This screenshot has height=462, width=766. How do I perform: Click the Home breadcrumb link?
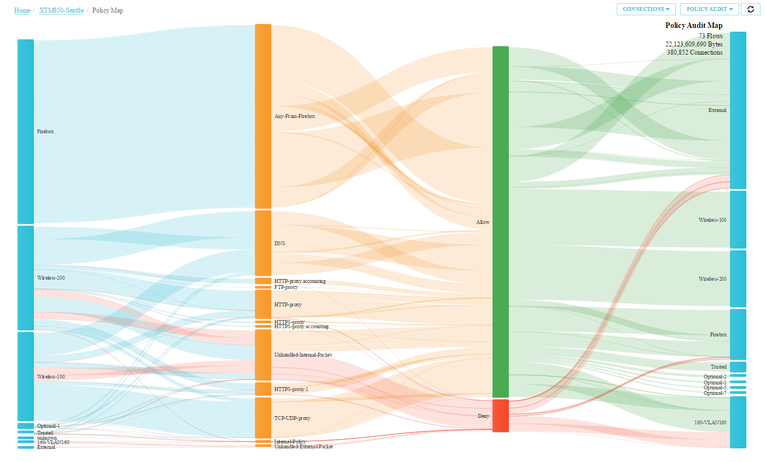(x=22, y=10)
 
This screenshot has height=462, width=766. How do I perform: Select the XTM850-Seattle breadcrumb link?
(x=61, y=10)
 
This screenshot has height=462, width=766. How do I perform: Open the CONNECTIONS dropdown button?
(x=646, y=9)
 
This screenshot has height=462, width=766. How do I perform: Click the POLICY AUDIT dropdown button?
(x=709, y=9)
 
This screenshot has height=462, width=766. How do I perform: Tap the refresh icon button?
(x=750, y=9)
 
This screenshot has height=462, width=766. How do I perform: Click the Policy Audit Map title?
(x=693, y=25)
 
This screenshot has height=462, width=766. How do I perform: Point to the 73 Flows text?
(x=710, y=36)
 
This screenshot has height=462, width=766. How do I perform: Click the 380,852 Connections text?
(x=694, y=52)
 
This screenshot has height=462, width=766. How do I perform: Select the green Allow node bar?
(x=500, y=221)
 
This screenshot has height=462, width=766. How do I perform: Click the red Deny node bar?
(x=500, y=416)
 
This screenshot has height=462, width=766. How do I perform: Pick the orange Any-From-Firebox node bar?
(x=263, y=116)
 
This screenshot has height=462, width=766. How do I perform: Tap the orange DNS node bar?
(x=263, y=243)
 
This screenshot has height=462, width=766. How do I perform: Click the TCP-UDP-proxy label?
(x=292, y=418)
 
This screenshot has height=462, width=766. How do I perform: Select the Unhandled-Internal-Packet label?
(x=303, y=355)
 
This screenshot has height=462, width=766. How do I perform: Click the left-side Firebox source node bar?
(x=26, y=131)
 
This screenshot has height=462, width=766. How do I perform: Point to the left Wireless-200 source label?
(x=51, y=278)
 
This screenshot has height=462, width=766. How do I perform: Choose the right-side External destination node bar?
(x=738, y=110)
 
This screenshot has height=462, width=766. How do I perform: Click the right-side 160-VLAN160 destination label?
(x=710, y=423)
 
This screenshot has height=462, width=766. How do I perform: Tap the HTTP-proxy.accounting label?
(x=300, y=281)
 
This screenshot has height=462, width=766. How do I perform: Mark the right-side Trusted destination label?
(x=718, y=367)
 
